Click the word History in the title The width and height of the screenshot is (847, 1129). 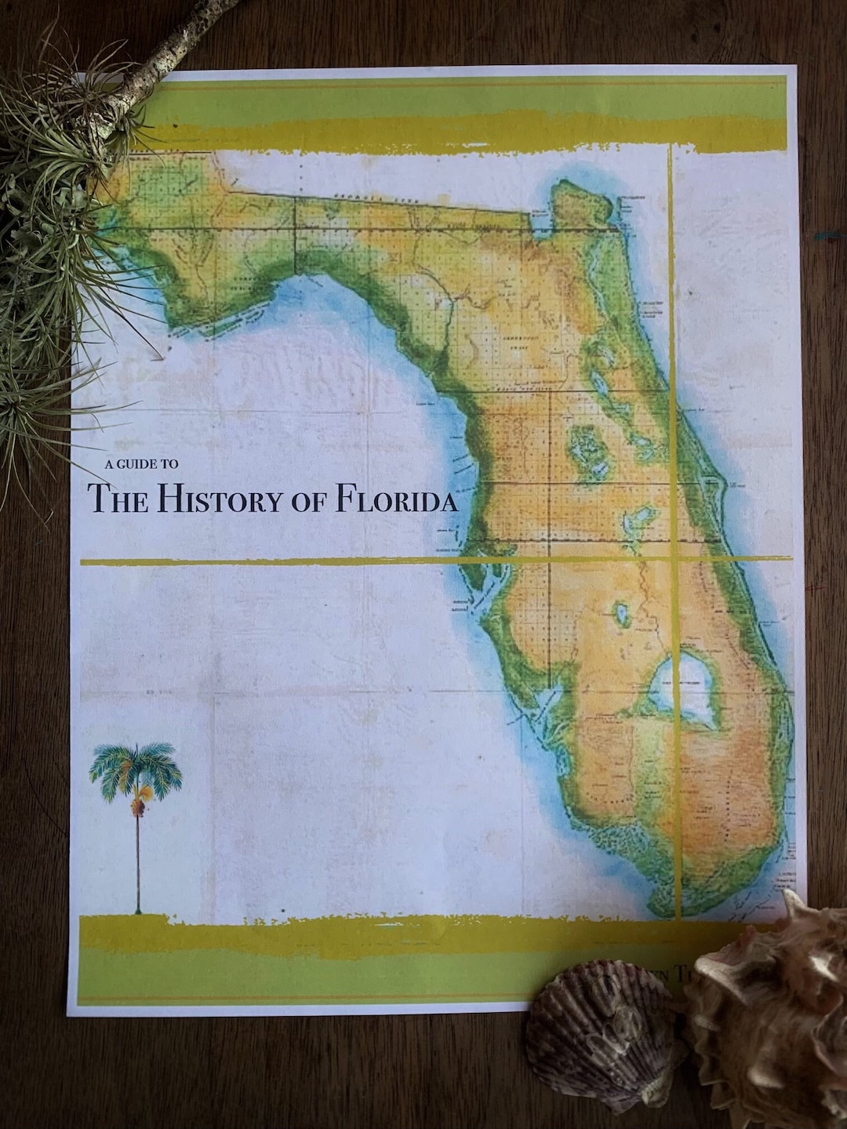point(213,499)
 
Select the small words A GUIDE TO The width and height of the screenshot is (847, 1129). point(141,463)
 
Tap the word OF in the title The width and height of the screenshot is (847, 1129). point(309,502)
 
